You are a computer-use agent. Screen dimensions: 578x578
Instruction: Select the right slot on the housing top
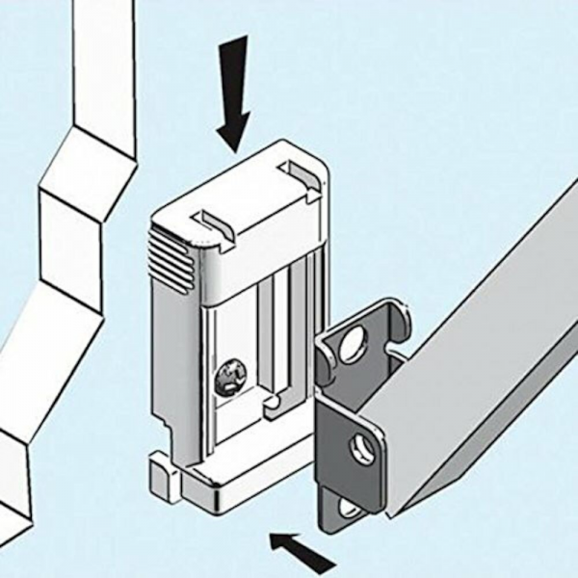point(298,173)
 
